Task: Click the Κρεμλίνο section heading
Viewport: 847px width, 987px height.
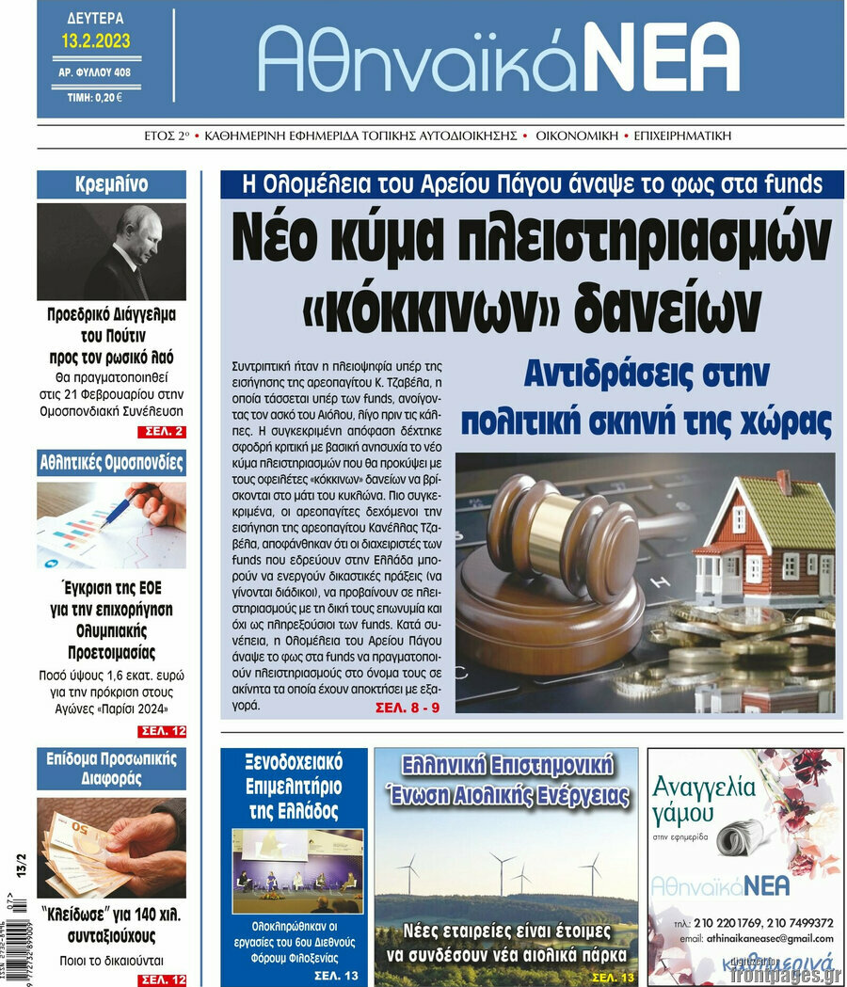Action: coord(111,184)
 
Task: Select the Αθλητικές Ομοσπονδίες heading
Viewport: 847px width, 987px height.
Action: coord(111,463)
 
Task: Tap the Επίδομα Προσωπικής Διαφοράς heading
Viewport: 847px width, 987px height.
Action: coord(111,768)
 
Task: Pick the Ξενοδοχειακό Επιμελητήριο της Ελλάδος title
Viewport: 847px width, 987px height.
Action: coord(293,785)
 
